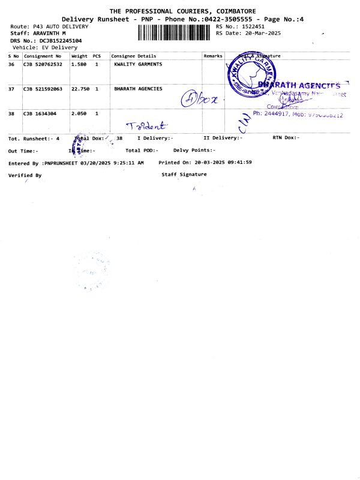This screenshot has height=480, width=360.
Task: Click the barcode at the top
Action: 175,32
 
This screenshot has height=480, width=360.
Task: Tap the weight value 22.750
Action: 80,89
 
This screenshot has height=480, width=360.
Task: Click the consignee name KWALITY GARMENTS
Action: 137,64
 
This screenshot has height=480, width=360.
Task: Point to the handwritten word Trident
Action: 147,125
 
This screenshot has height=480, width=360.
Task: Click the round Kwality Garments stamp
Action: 250,71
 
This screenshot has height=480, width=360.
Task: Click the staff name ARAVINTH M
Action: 48,34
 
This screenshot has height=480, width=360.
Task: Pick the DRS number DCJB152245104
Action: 56,40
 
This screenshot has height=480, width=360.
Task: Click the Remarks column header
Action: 212,56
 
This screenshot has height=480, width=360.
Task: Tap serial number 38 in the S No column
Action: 11,113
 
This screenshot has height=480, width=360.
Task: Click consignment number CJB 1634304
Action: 40,113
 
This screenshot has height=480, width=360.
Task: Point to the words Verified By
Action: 25,175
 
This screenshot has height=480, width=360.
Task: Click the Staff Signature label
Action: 184,175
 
